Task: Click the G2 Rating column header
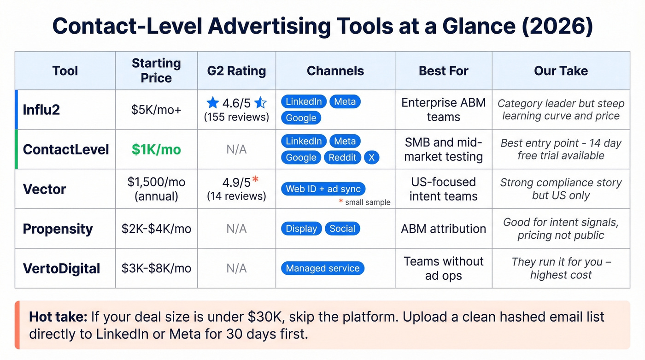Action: tap(236, 71)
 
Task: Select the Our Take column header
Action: tap(561, 71)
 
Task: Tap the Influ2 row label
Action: tap(41, 110)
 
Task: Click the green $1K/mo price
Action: tap(156, 149)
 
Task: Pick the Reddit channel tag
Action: tap(342, 158)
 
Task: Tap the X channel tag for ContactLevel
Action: tap(371, 158)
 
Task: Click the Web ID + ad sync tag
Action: tap(323, 189)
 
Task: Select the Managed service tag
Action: tap(322, 268)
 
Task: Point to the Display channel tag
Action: tap(301, 229)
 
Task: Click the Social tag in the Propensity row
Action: tap(342, 229)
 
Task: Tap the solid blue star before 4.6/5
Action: tap(212, 102)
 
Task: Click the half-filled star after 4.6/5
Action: tap(260, 102)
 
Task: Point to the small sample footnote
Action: tap(367, 202)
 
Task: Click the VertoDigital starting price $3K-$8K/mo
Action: tap(156, 268)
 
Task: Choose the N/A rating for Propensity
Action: tap(236, 229)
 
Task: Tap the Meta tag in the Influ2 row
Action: tap(345, 101)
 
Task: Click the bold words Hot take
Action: tap(58, 317)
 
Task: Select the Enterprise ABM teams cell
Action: tap(443, 110)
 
